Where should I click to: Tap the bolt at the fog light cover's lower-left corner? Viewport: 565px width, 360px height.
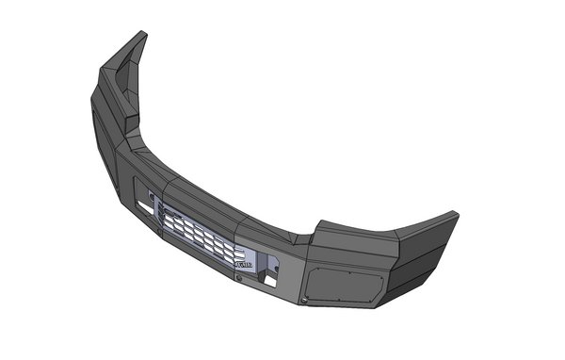[306, 299]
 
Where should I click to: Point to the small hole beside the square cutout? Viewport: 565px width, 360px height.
[276, 266]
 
